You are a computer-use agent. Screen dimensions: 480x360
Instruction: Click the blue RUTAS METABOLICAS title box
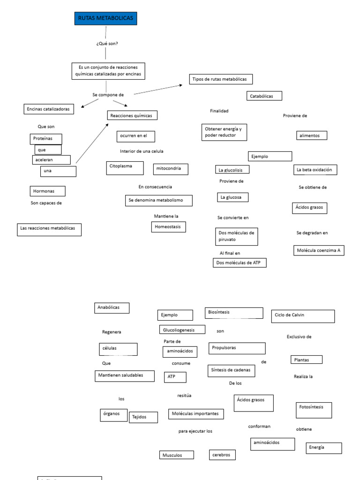pos(105,18)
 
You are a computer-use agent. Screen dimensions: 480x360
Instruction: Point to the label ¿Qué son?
pos(107,44)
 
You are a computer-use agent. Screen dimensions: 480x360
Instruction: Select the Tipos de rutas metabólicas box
pos(221,79)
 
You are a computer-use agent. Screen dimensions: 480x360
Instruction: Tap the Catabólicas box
pos(264,96)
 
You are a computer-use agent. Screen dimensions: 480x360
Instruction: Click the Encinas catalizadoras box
pos(49,109)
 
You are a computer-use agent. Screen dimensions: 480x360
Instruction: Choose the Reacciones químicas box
pos(132,115)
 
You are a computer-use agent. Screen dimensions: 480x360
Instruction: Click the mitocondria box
pos(171,169)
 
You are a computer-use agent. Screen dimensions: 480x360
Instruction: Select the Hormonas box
pos(47,191)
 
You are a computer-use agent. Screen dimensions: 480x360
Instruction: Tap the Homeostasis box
pos(168,227)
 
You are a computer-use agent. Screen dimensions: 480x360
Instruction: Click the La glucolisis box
pos(232,170)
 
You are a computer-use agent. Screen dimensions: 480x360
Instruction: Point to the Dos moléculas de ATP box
pos(240,263)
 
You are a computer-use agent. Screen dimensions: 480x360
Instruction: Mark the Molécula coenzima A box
pos(318,250)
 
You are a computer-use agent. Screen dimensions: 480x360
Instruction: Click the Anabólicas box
pos(112,308)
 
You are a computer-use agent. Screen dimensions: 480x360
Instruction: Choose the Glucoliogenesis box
pos(182,330)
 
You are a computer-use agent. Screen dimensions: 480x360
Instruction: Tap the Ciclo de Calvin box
pos(303,316)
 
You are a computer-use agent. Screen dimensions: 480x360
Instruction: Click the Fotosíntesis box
pos(314,410)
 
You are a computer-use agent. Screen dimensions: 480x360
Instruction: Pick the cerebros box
pos(222,455)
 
